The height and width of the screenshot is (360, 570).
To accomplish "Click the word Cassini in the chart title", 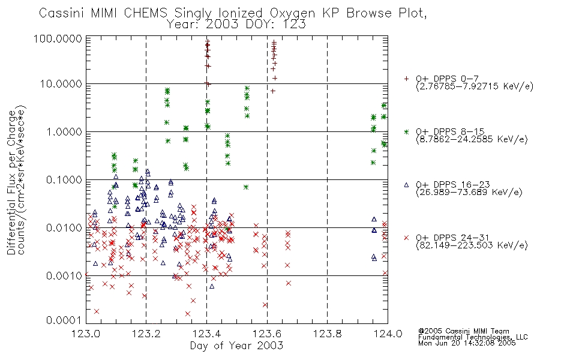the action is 61,13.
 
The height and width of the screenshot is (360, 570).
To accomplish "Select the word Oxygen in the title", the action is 292,14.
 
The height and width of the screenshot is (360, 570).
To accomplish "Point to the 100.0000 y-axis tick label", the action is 58,38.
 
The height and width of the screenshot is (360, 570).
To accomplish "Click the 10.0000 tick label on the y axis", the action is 61,84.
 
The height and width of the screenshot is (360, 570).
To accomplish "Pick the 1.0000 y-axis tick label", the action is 64,131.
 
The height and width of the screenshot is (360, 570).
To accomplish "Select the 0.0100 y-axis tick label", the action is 64,228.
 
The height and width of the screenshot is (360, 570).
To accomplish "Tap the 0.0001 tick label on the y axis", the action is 64,320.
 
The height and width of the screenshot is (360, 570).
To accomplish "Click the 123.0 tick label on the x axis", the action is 86,334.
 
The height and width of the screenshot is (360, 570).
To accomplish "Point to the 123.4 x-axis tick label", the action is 206,334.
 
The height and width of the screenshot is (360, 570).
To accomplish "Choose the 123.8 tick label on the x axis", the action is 327,334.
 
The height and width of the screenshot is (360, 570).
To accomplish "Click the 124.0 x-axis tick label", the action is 388,334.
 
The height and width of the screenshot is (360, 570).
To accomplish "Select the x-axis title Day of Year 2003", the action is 236,346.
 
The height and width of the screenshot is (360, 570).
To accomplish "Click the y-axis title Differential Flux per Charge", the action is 11,182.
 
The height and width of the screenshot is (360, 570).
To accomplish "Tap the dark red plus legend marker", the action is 406,79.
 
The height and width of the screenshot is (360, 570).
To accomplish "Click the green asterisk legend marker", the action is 406,131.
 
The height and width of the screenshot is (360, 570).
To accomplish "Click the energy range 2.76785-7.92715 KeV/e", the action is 475,87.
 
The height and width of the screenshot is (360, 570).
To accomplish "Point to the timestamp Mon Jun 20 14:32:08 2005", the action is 467,343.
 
